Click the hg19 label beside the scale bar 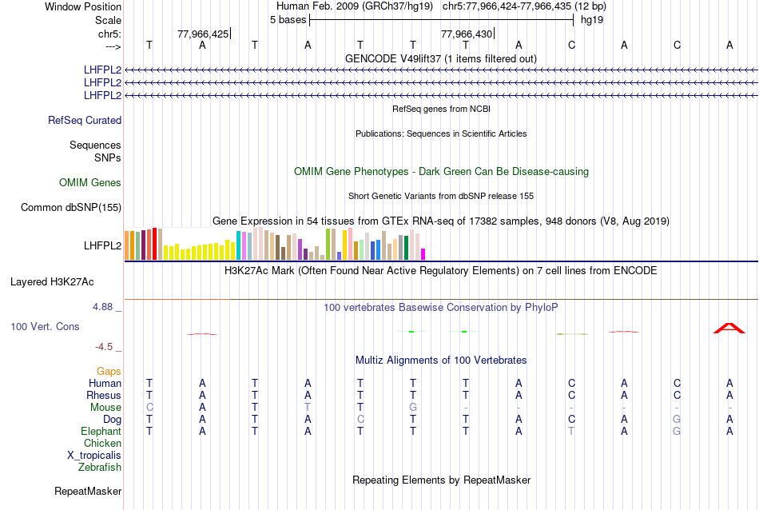pyautogui.click(x=592, y=19)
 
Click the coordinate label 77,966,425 pyautogui.click(x=203, y=34)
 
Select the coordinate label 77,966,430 pyautogui.click(x=467, y=34)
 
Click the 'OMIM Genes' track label pyautogui.click(x=90, y=183)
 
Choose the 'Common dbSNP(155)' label pyautogui.click(x=71, y=208)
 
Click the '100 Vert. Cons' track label pyautogui.click(x=46, y=327)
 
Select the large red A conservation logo pyautogui.click(x=729, y=328)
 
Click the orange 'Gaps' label pyautogui.click(x=109, y=372)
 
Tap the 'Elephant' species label pyautogui.click(x=101, y=432)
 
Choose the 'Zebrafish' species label pyautogui.click(x=100, y=468)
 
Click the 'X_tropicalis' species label pyautogui.click(x=94, y=456)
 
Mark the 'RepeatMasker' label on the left pyautogui.click(x=88, y=491)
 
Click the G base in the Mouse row pyautogui.click(x=413, y=408)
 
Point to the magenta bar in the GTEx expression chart pyautogui.click(x=423, y=254)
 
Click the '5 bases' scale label pyautogui.click(x=288, y=19)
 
